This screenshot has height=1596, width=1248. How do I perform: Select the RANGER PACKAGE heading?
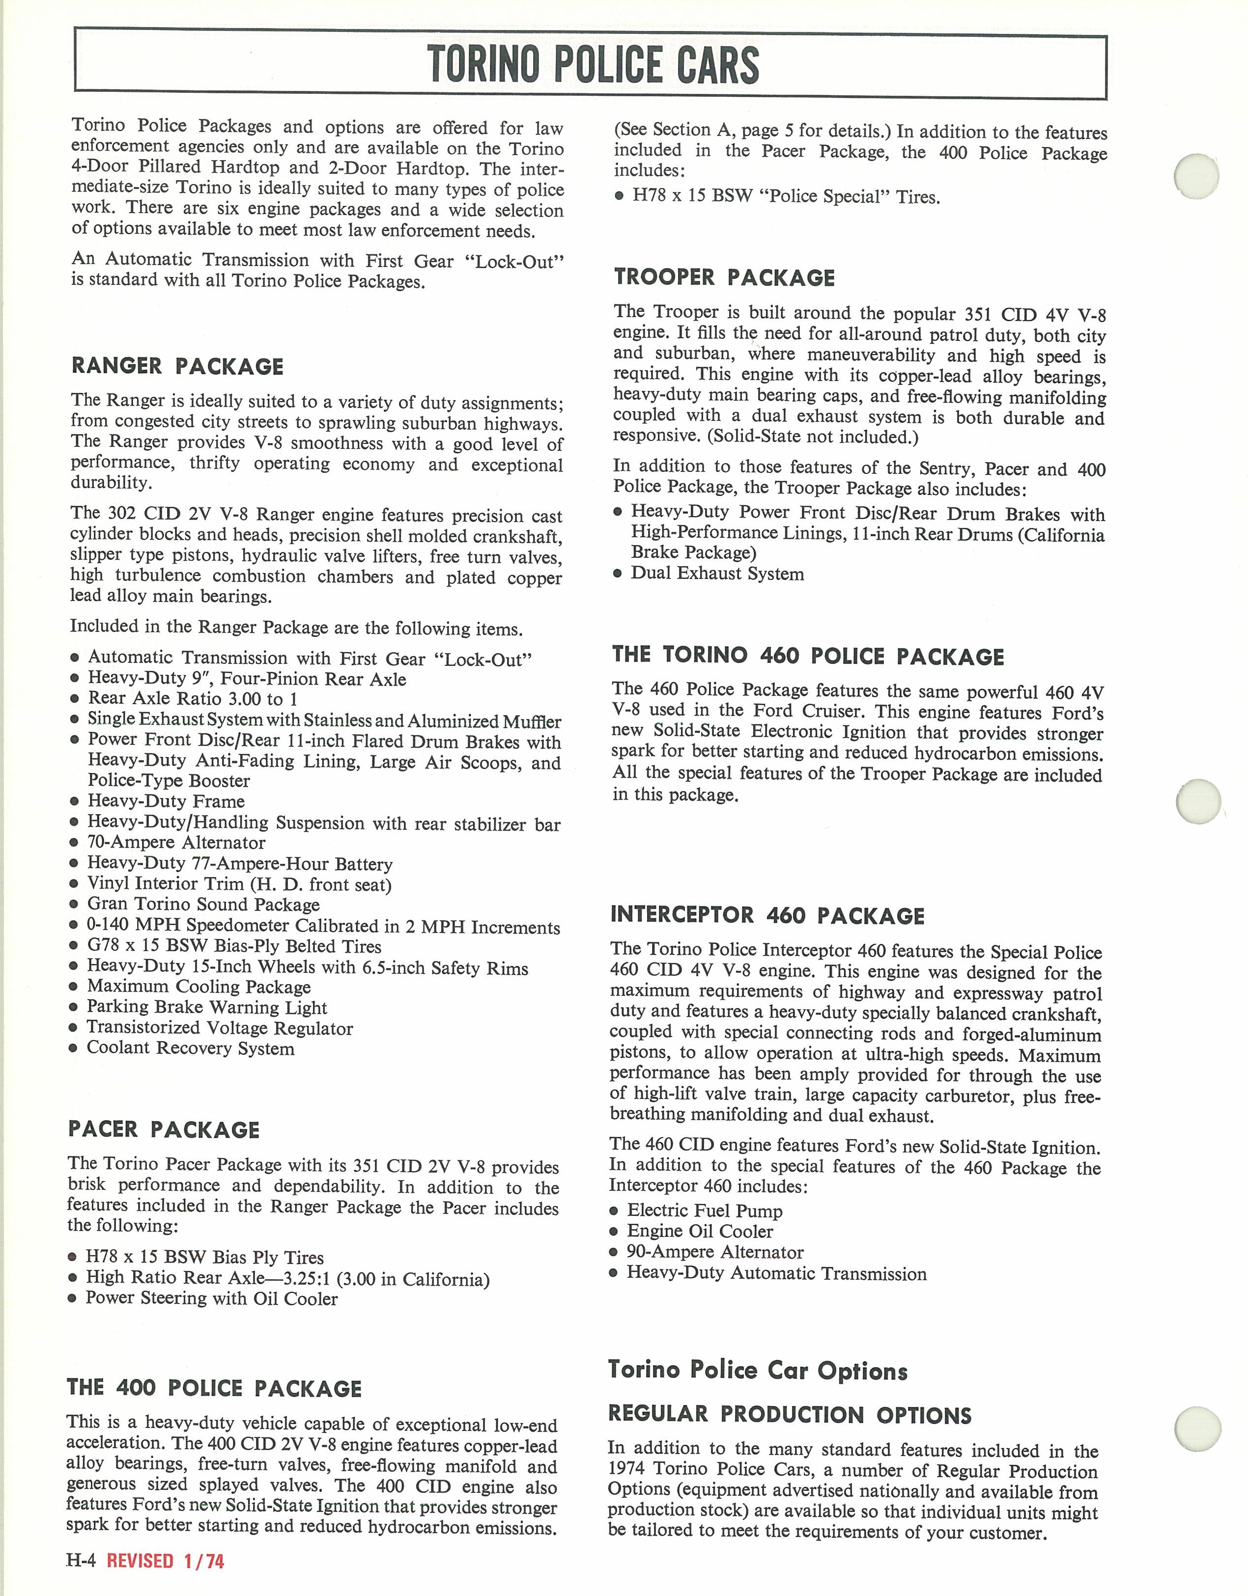coord(177,366)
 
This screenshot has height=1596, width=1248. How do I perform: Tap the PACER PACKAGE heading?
coord(164,1130)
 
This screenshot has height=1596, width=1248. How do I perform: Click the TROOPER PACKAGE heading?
coord(724,277)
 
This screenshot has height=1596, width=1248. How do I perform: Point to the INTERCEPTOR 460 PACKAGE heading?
coord(767,916)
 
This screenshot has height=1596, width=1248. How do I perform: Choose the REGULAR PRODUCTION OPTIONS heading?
coord(790,1415)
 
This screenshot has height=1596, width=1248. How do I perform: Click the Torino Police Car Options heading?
coord(758,1370)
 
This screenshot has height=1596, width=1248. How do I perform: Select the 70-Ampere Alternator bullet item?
coord(176,843)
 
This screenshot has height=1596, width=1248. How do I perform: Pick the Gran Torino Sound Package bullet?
coord(203,905)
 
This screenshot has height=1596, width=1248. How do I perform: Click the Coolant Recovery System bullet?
coord(190,1048)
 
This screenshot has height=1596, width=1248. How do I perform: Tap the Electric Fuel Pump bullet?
coord(704,1211)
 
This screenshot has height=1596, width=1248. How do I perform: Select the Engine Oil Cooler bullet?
coord(700,1231)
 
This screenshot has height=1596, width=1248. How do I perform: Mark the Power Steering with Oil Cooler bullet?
coord(211,1298)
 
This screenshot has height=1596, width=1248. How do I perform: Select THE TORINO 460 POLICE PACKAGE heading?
coord(808,656)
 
